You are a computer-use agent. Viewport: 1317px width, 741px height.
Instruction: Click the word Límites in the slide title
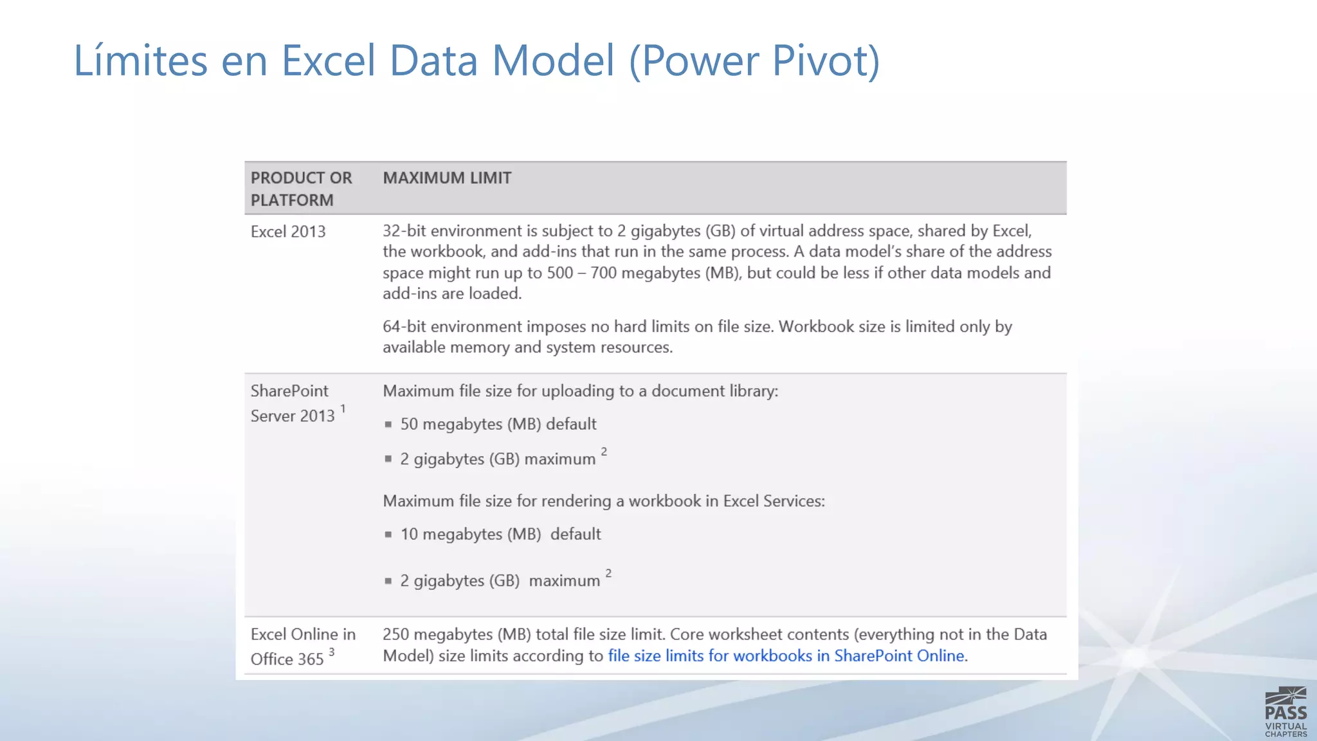140,60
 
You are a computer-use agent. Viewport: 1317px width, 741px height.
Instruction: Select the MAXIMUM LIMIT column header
447,178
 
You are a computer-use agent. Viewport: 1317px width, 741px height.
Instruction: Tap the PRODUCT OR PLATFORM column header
301,188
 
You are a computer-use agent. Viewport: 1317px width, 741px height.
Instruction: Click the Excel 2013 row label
288,232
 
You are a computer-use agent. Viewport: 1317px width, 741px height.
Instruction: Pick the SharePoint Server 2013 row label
293,403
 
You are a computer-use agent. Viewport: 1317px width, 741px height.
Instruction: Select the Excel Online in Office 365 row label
302,646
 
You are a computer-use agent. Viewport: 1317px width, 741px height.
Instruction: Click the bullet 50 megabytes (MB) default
498,425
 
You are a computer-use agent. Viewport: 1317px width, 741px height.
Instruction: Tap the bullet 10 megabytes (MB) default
500,535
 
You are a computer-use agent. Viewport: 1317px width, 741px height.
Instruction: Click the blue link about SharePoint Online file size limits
786,656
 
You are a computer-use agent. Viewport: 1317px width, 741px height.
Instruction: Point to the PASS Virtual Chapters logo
1285,711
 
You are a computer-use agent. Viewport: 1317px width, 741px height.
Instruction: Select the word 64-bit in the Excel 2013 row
404,327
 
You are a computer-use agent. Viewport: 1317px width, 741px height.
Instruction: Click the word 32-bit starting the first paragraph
404,231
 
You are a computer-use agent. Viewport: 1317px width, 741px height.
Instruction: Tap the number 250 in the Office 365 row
395,635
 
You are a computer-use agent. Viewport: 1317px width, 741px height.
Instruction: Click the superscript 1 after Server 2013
343,409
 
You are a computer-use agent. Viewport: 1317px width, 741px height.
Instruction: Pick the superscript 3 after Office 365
332,652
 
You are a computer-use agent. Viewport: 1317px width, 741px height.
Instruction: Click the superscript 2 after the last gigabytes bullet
608,572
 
